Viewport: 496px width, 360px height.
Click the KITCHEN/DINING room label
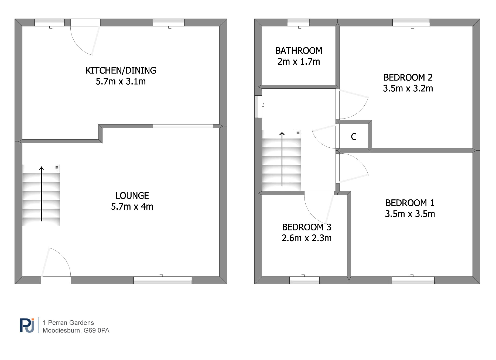tap(121, 71)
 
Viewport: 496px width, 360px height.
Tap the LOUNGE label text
tap(132, 196)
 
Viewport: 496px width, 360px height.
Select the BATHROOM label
tap(299, 51)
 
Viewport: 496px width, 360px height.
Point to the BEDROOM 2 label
tap(408, 78)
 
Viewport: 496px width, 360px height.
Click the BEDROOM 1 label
tap(410, 203)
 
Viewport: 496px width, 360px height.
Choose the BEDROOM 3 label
tap(307, 227)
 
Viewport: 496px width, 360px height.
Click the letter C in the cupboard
tap(354, 137)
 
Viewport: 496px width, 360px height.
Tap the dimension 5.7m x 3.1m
tap(121, 81)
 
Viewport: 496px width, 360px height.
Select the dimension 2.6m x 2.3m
tap(307, 238)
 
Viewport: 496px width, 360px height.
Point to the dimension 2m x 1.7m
tap(299, 62)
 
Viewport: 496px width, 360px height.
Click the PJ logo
tap(27, 326)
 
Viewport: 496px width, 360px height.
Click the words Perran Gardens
tap(71, 323)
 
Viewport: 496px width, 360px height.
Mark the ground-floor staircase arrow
tap(41, 194)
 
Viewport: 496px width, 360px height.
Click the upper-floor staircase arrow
tap(282, 159)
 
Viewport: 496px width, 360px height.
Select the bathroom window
tap(298, 23)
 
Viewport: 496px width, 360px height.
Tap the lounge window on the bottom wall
tap(163, 280)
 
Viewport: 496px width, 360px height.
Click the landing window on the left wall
tap(258, 106)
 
